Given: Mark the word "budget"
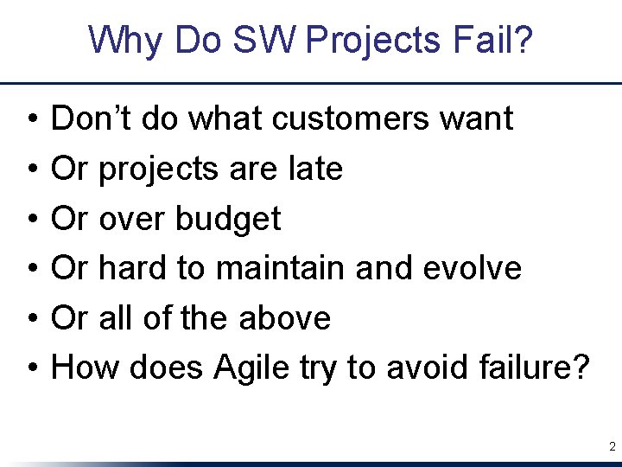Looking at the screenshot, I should [228, 220].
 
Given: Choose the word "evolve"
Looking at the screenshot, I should [473, 268].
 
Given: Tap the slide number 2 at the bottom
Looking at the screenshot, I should [612, 447].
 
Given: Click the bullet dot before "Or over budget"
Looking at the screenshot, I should [30, 220].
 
